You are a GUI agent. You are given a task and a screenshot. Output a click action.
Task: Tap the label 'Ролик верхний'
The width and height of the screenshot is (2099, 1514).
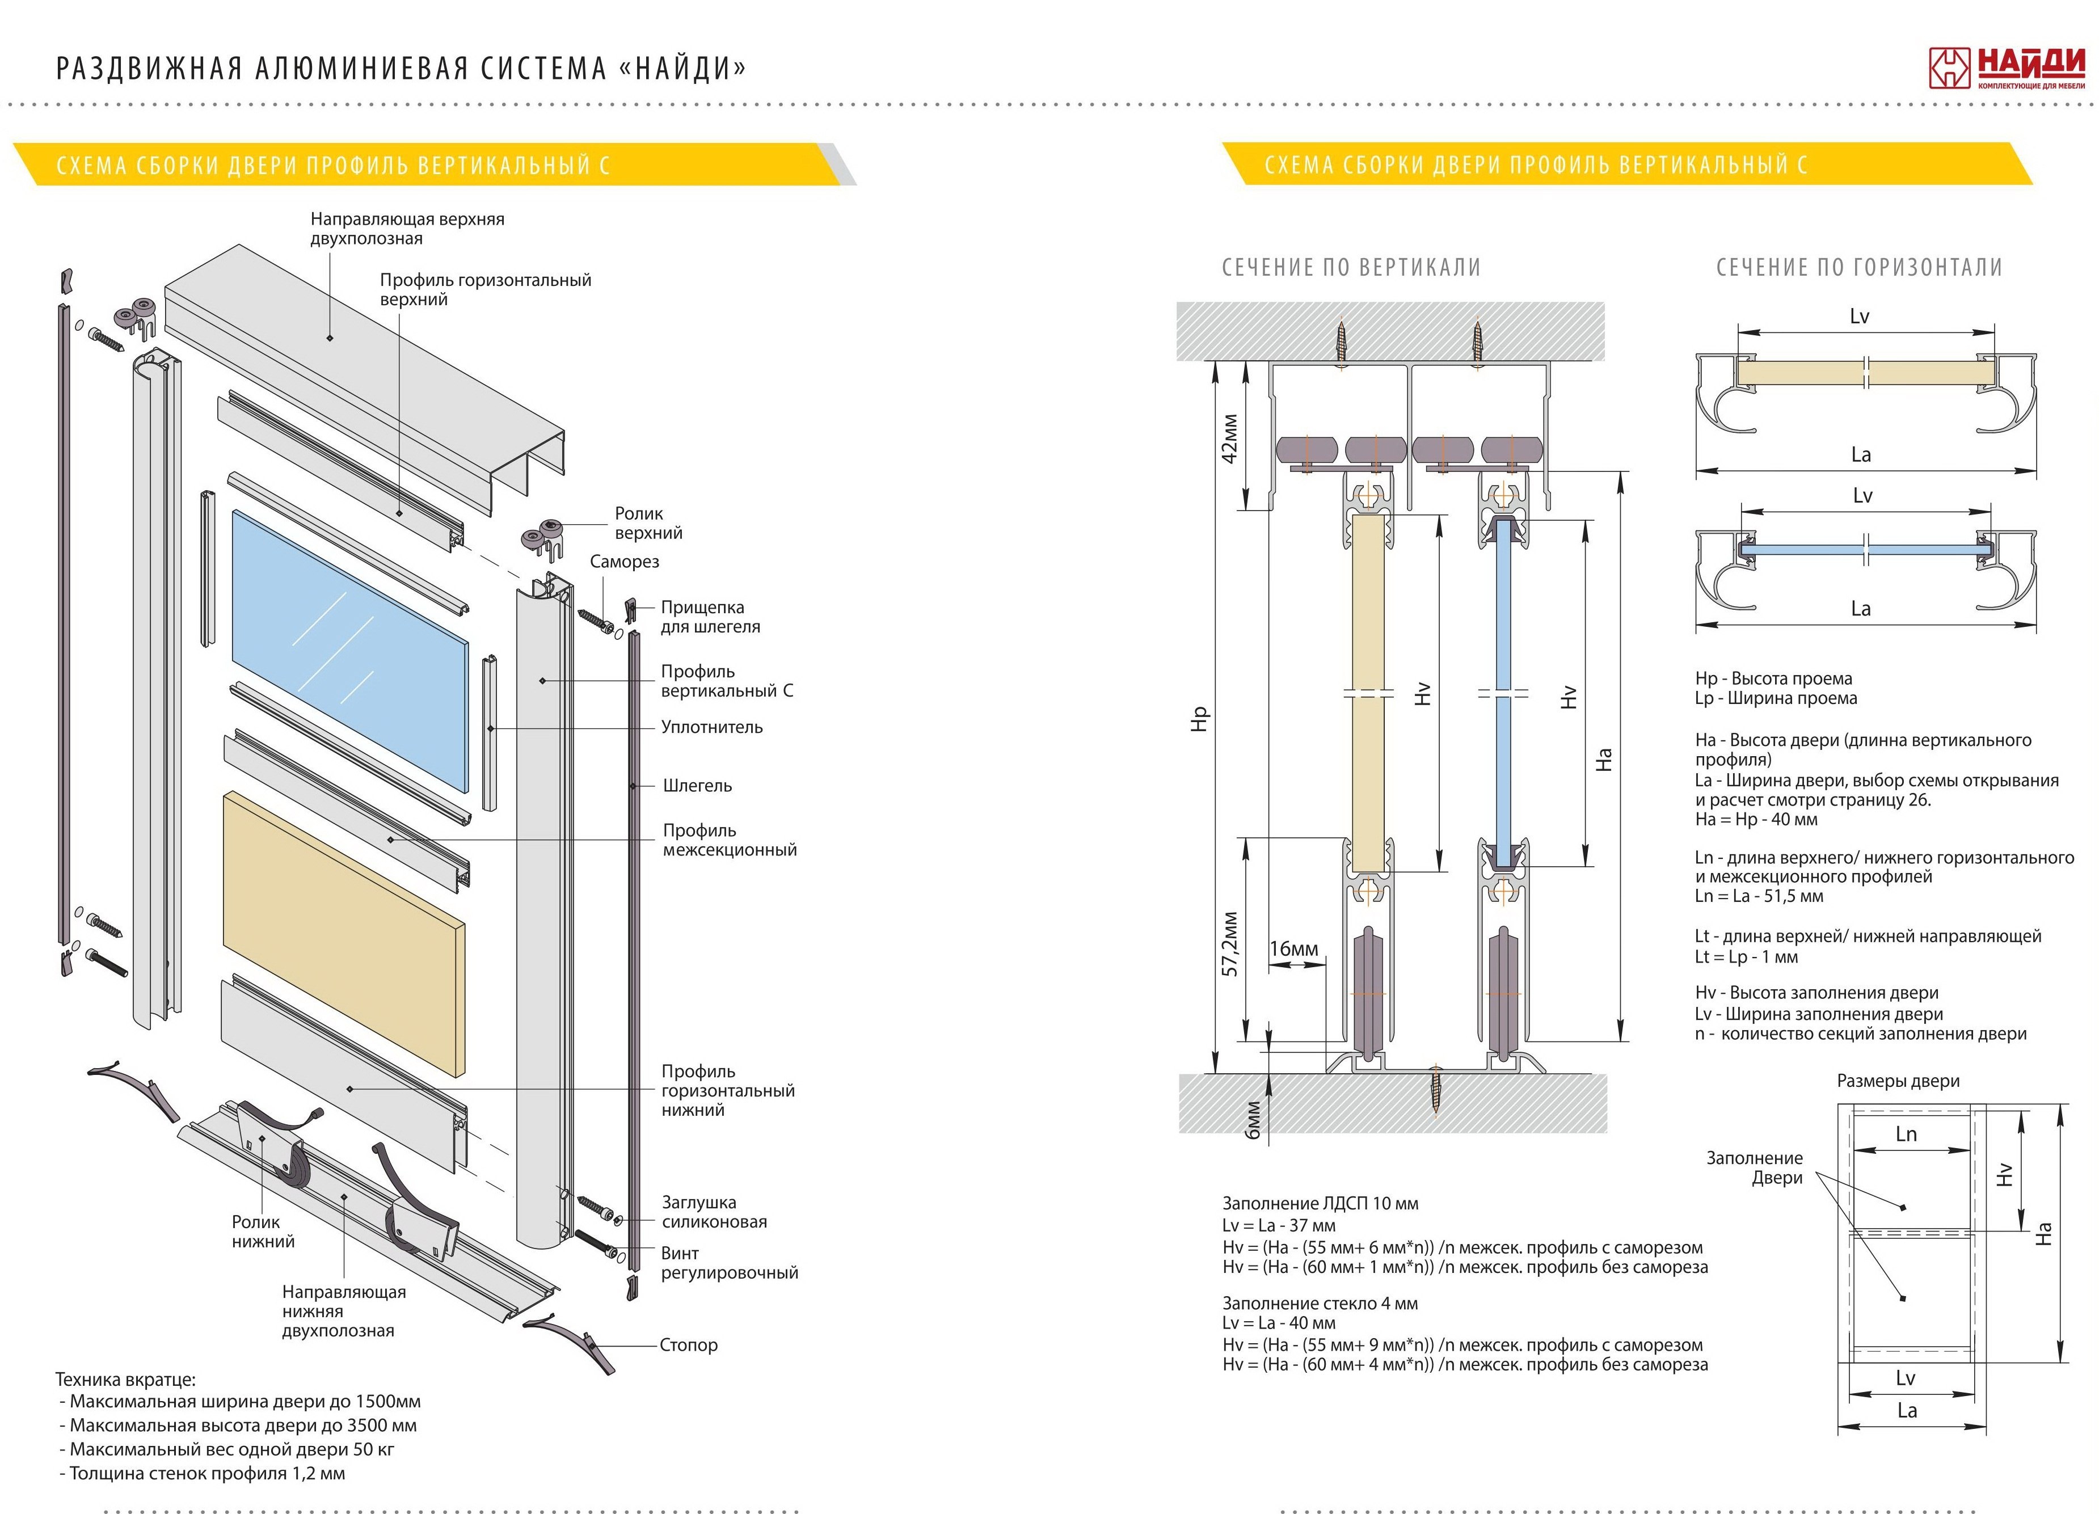[x=648, y=523]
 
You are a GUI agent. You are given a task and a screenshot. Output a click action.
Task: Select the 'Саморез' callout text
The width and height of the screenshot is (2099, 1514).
[x=624, y=562]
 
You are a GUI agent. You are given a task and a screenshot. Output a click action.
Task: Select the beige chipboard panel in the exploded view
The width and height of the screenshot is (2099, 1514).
[x=343, y=933]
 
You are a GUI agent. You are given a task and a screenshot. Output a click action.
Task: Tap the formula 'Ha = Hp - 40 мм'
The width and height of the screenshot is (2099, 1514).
[x=1756, y=820]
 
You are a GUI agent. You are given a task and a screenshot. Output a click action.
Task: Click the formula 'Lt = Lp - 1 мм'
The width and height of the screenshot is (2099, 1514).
[x=1746, y=957]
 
